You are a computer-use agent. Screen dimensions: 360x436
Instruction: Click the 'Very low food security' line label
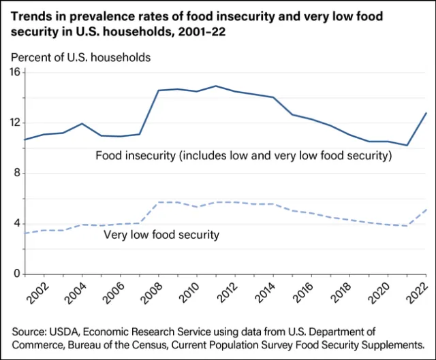pos(161,235)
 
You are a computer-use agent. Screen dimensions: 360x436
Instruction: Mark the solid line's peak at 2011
pos(216,86)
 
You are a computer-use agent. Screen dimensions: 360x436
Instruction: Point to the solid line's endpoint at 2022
pos(426,113)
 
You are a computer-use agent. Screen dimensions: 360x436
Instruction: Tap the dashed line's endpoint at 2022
pos(426,210)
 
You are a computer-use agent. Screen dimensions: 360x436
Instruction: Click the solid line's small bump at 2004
pos(82,124)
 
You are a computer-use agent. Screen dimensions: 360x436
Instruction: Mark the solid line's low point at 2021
pos(407,145)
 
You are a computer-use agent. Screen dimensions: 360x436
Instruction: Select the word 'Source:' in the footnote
pos(31,331)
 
